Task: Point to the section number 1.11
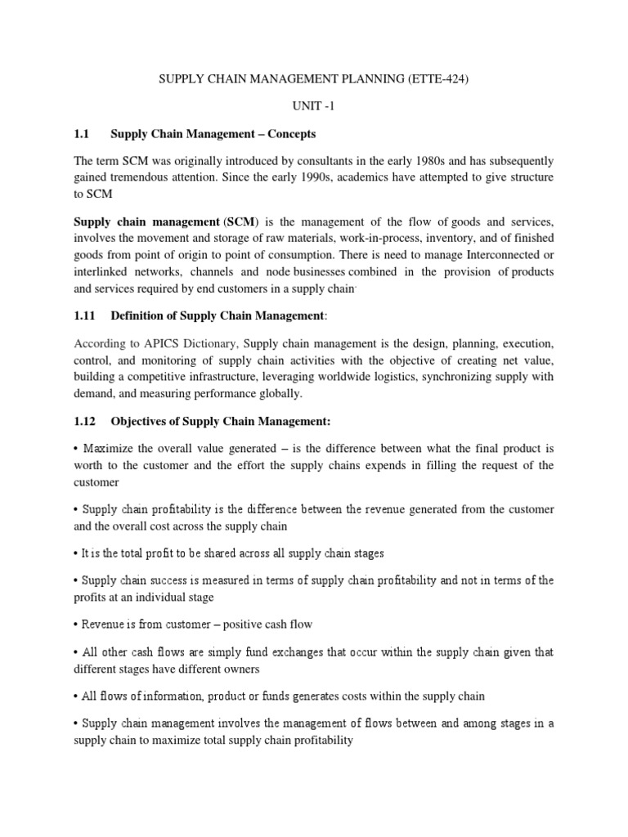point(86,316)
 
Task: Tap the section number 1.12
point(86,421)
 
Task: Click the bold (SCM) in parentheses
point(240,222)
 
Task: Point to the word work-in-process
point(390,238)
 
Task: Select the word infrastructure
point(253,377)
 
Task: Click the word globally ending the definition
point(278,393)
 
